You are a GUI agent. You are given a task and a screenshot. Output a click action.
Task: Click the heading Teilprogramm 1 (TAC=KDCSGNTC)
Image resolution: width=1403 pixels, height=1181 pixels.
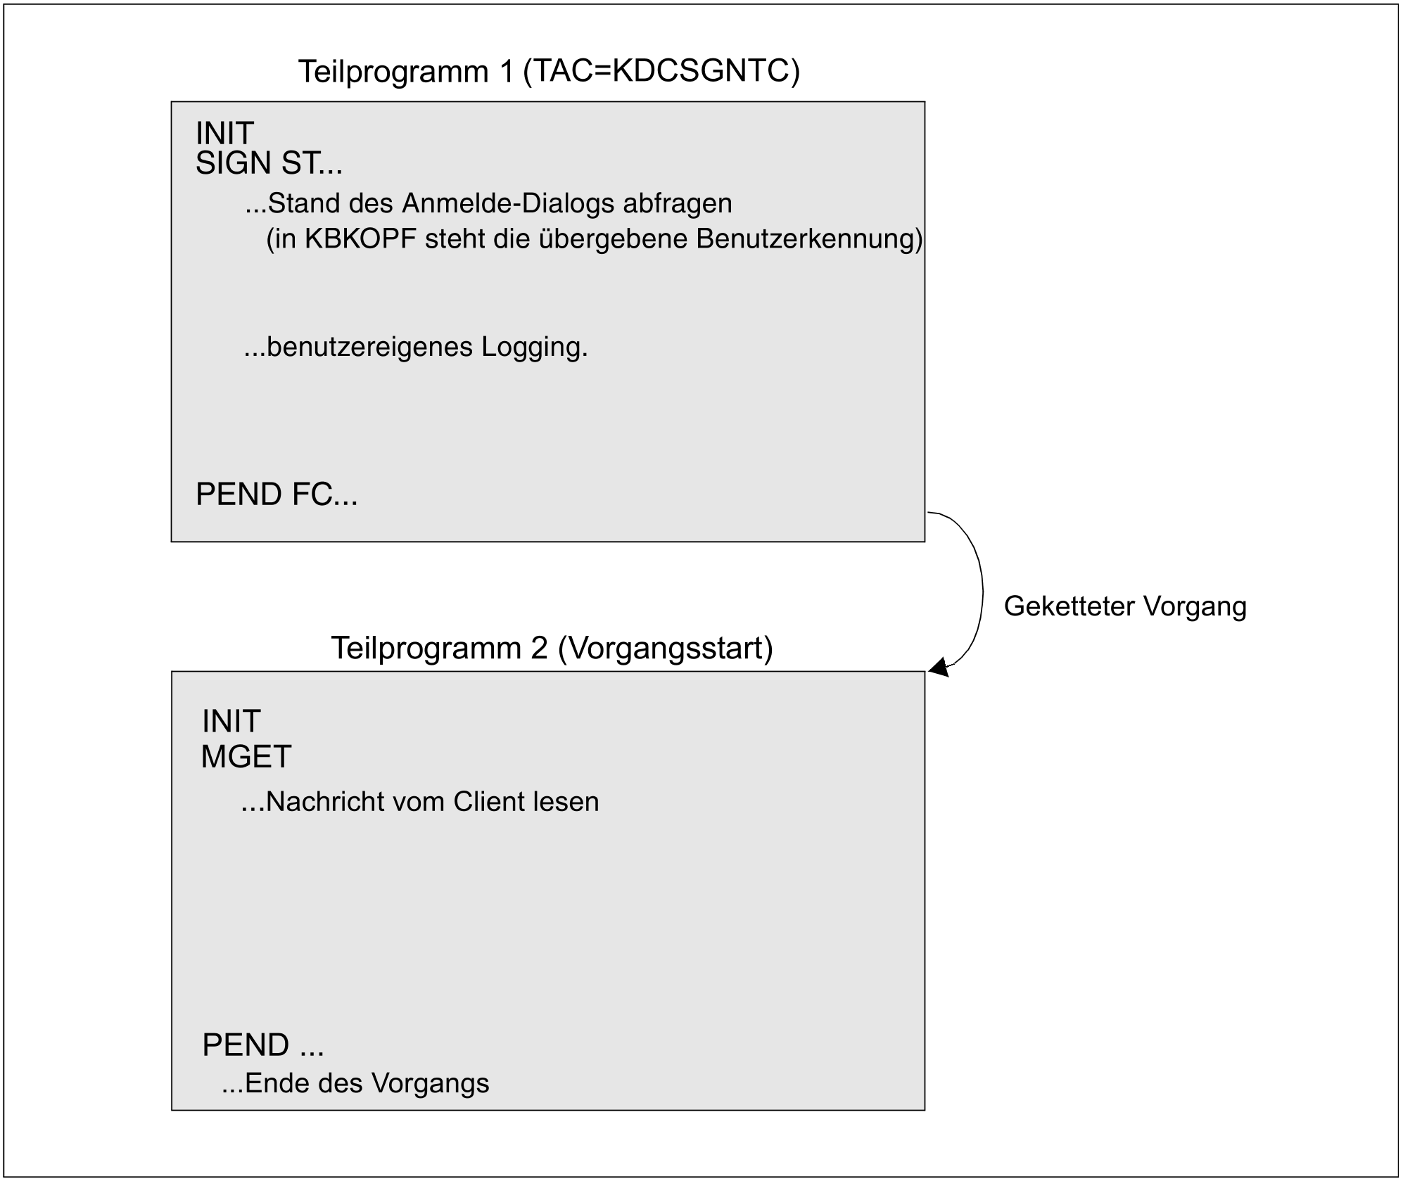[549, 72]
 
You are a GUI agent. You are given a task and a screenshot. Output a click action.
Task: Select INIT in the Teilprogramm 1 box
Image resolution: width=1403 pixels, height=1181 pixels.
[224, 133]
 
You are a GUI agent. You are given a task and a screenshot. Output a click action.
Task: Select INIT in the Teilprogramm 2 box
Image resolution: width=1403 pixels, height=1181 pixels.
[231, 722]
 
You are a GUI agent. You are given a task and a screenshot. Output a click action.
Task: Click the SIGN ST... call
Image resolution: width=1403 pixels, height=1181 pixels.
[269, 164]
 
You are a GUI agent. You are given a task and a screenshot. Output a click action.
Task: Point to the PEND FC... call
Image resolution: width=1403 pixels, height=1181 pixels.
[277, 494]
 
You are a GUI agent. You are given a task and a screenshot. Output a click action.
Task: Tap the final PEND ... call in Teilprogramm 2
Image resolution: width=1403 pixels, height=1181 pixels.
[262, 1045]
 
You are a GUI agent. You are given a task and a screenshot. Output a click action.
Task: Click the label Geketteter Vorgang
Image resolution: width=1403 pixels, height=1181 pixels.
[1124, 606]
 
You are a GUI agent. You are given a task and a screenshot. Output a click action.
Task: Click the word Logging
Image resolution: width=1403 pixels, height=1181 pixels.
[534, 347]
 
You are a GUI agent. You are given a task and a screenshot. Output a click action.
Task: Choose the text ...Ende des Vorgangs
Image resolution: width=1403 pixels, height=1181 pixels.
[355, 1083]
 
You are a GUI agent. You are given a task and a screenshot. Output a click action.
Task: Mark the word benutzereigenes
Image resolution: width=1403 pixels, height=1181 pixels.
[369, 347]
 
